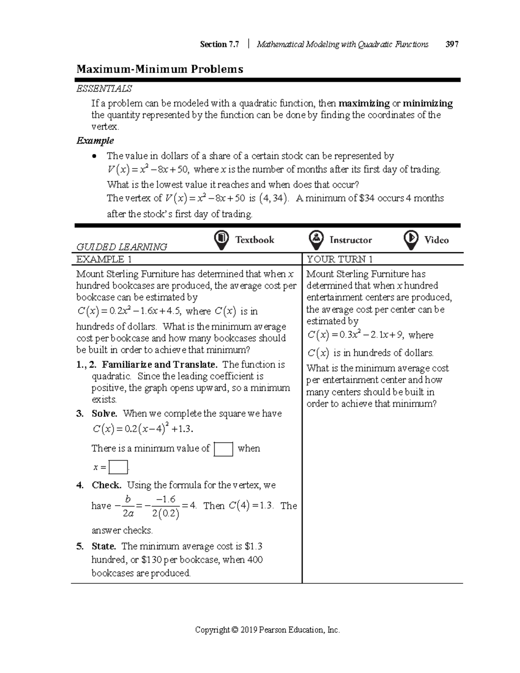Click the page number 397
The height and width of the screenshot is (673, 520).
(x=452, y=44)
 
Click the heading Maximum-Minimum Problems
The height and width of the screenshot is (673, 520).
(x=159, y=69)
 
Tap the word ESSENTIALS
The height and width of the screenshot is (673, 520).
(x=104, y=89)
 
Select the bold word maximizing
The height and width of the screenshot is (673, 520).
(x=364, y=104)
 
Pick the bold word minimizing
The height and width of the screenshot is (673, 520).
(x=428, y=104)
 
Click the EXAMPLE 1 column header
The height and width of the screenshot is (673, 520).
(x=104, y=260)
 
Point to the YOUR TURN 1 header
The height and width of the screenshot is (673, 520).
(x=340, y=260)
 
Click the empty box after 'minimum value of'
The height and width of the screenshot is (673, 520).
(x=224, y=449)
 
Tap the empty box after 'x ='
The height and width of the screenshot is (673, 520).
(x=118, y=468)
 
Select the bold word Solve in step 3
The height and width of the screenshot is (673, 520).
(x=104, y=414)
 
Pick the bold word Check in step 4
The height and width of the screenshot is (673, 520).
(x=106, y=485)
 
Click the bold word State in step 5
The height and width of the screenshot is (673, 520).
(x=104, y=546)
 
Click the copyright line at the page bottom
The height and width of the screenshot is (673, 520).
(x=267, y=630)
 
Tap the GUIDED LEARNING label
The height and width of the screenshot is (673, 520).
(x=122, y=247)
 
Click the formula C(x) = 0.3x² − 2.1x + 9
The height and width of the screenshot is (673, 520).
(x=355, y=335)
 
